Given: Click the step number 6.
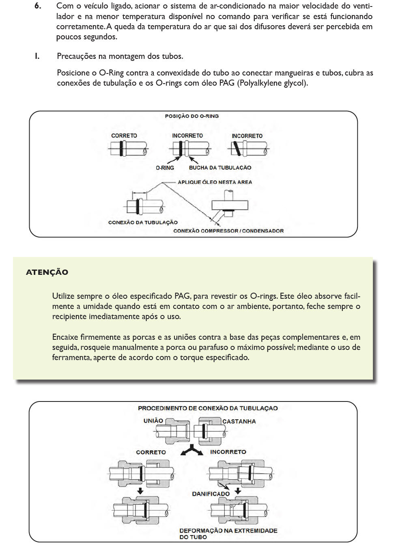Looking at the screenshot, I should [37, 6].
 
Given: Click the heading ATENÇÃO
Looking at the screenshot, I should [47, 272].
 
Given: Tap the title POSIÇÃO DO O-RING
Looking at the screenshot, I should [192, 116].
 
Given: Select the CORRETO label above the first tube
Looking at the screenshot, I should [124, 136].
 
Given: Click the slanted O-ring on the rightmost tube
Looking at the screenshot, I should [237, 149].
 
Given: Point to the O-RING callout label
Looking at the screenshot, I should [165, 168].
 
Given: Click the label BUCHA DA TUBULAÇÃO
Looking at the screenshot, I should [220, 168].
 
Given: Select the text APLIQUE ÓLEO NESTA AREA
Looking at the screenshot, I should [215, 182].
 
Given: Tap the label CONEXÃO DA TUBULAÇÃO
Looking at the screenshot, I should [143, 222].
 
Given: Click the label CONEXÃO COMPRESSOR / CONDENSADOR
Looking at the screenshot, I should [228, 231].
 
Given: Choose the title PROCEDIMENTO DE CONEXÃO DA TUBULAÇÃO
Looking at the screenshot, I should [208, 408].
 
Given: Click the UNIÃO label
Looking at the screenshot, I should [153, 421].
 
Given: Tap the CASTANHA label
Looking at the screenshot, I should [239, 421].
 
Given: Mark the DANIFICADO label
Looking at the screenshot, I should [211, 494].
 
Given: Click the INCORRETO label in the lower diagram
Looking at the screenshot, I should [228, 452].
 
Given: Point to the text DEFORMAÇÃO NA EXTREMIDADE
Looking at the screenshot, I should [228, 531].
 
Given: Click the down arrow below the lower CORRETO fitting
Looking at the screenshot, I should [140, 491].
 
